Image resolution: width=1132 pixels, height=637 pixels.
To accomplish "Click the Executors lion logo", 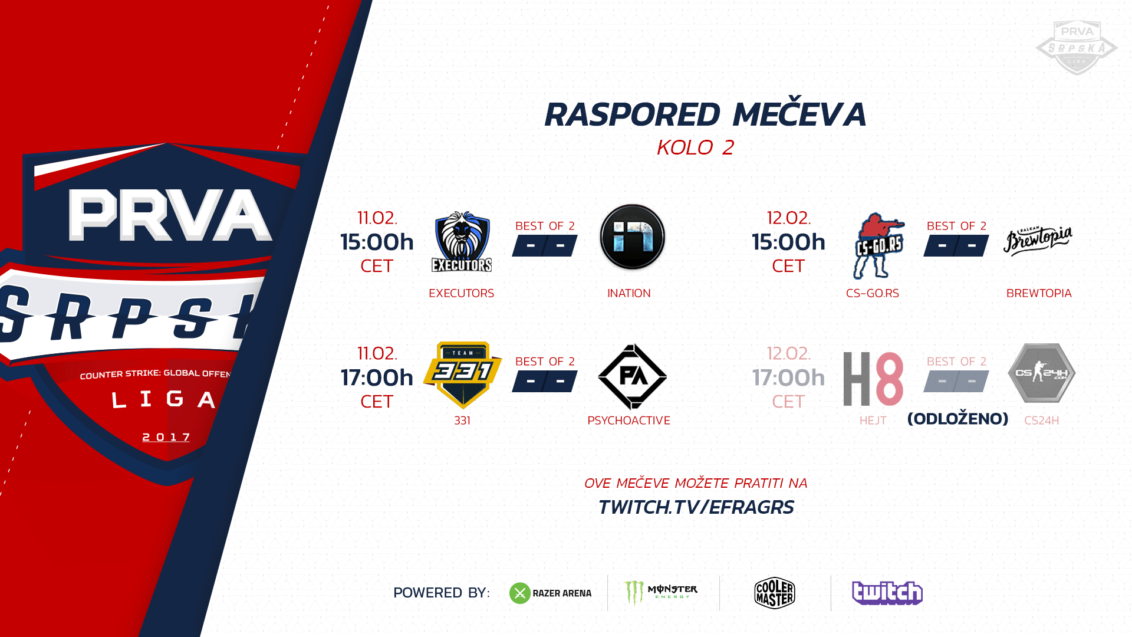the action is click(x=462, y=242).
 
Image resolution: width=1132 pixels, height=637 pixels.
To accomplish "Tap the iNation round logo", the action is click(x=632, y=237).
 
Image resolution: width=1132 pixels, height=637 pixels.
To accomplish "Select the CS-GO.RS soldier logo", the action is click(x=878, y=245).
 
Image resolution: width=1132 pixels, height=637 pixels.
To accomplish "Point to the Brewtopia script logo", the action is click(x=1038, y=241).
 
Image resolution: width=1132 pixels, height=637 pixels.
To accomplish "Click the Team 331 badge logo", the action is click(x=463, y=375).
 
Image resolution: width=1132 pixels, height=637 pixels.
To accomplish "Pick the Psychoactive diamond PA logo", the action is click(x=632, y=376).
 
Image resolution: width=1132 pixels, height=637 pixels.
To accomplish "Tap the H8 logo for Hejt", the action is click(x=873, y=379).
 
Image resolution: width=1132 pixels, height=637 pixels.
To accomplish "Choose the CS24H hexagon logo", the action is click(x=1042, y=373).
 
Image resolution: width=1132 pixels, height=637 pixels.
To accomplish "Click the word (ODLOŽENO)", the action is click(x=957, y=419).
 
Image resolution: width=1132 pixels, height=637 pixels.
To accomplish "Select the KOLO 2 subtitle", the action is click(x=696, y=147).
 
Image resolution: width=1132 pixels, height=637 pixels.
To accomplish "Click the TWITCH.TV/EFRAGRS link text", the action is click(x=696, y=507).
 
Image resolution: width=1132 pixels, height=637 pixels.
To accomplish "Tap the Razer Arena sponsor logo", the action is click(x=550, y=593).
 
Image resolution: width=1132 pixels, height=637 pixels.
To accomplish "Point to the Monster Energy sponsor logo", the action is click(x=660, y=593).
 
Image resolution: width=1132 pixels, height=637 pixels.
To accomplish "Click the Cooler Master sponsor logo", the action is click(x=775, y=593).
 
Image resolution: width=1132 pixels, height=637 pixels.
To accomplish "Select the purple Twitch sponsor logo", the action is click(x=887, y=593).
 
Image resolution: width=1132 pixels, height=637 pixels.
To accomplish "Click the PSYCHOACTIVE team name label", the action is click(x=628, y=421).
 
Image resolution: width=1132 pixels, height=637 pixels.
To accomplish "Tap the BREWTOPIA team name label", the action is click(x=1039, y=293).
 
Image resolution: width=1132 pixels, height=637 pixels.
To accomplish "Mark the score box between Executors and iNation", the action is click(x=545, y=245).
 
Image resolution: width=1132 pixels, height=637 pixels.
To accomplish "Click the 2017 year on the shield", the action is click(x=167, y=437).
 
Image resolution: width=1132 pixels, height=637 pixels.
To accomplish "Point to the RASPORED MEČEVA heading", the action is click(x=705, y=114).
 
